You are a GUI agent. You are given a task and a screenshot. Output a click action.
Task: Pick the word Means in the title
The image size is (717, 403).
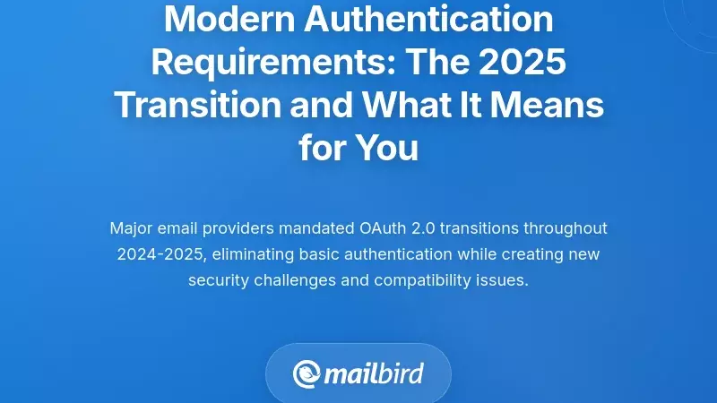click(x=551, y=104)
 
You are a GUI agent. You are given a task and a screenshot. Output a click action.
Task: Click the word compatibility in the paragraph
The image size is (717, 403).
click(x=425, y=279)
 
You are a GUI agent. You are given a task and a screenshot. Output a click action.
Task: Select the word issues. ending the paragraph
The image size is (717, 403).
click(x=505, y=279)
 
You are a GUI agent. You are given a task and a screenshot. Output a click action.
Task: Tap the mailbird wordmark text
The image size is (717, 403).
click(x=375, y=373)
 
